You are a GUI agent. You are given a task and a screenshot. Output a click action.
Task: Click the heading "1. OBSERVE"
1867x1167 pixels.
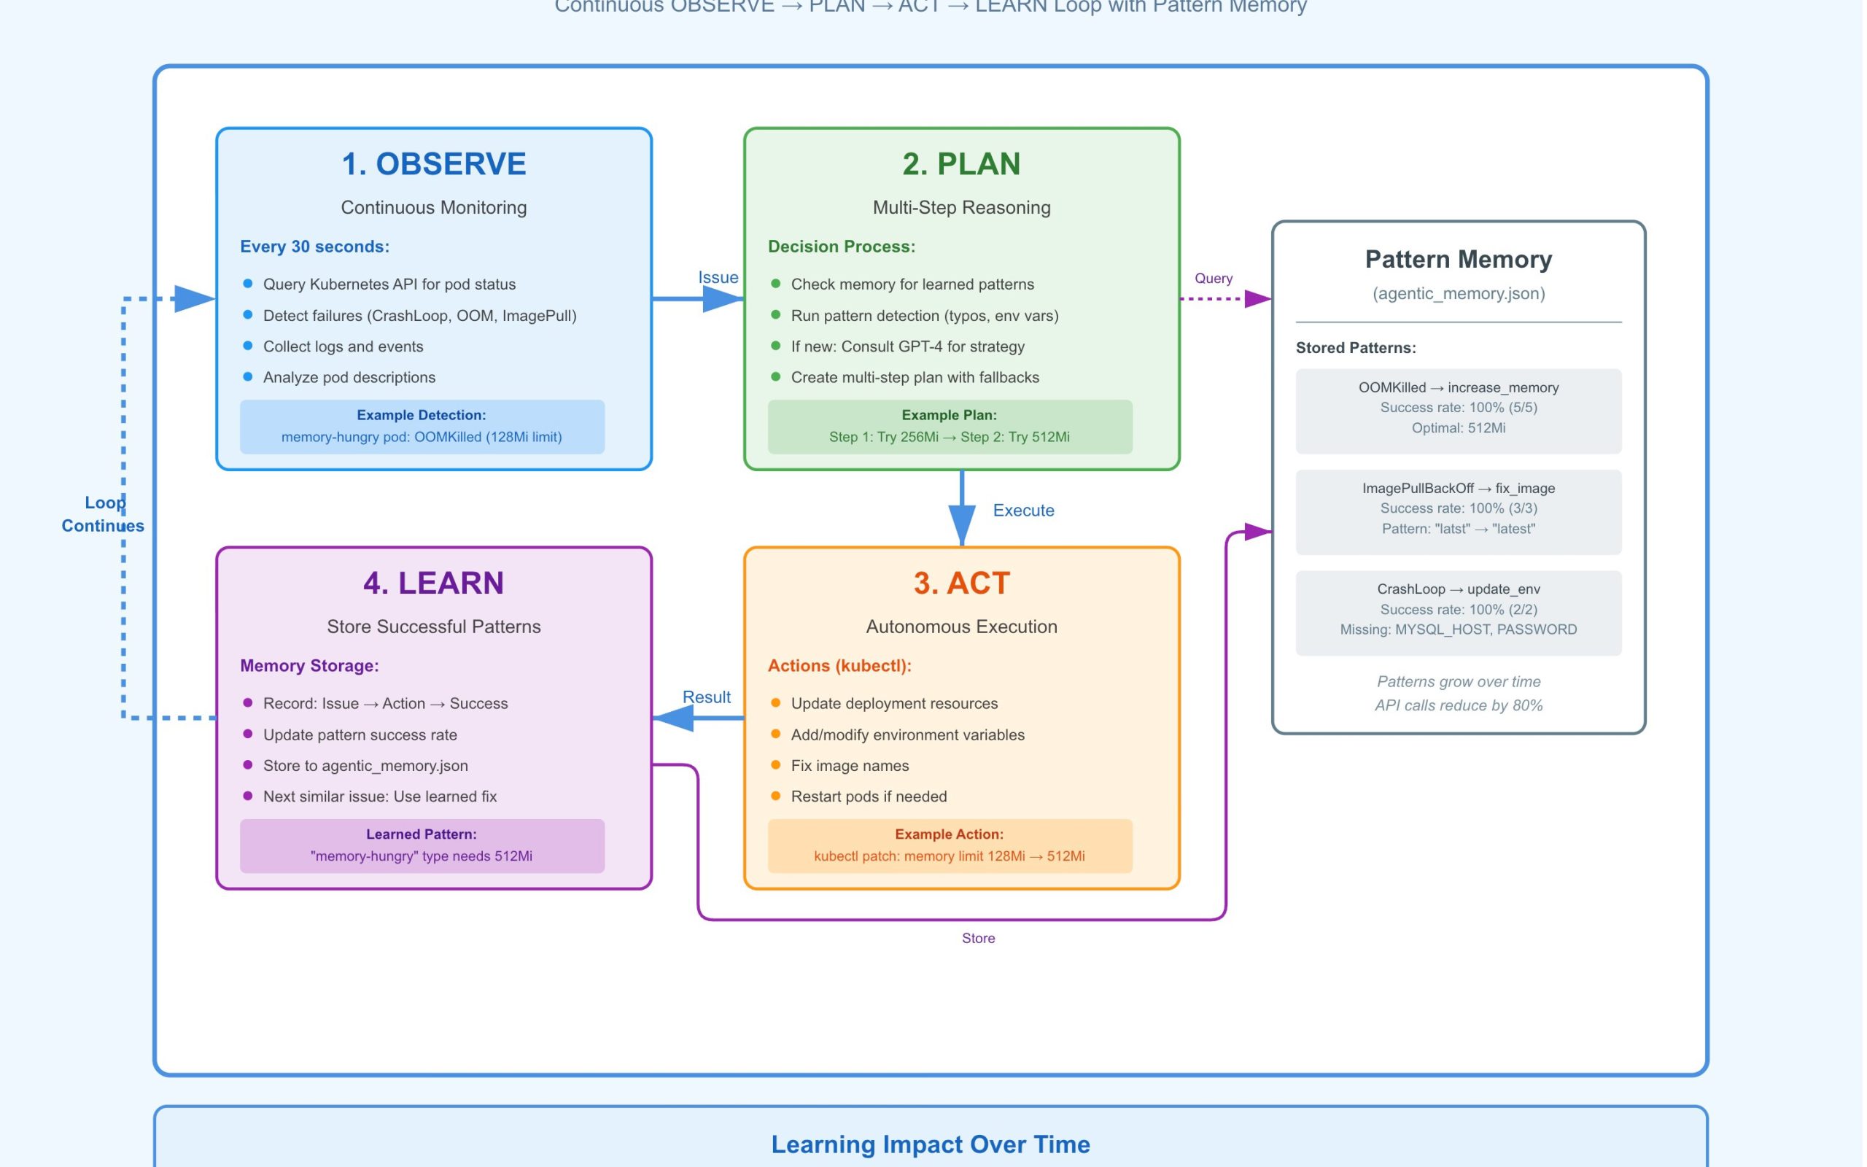434,163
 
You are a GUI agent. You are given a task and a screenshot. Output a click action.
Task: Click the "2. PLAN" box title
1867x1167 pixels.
961,163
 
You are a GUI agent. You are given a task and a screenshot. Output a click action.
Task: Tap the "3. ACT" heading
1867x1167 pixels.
961,583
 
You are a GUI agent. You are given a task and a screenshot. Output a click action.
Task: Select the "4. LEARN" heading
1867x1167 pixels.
434,583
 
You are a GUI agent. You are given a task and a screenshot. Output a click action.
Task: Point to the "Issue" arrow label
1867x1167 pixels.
718,277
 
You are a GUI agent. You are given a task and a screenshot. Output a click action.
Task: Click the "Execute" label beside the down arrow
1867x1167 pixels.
1023,510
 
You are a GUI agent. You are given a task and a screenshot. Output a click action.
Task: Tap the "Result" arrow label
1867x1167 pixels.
706,697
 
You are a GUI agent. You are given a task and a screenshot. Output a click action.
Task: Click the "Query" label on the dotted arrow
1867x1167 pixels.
1213,278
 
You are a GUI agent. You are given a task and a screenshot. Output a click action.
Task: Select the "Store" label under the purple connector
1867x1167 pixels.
978,938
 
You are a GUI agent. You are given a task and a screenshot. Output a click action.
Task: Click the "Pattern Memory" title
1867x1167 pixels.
1458,260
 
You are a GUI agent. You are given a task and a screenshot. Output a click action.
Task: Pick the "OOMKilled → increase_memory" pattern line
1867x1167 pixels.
1458,387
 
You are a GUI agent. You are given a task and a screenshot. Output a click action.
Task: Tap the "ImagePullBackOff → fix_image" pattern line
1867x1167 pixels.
1458,488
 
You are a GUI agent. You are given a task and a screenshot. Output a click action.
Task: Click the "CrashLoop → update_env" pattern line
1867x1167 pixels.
1458,589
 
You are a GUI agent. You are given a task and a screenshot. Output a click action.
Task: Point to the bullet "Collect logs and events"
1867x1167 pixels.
343,346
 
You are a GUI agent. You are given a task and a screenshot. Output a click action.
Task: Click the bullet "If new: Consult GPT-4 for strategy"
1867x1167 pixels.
907,346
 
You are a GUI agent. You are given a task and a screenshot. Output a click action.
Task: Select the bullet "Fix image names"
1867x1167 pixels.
850,766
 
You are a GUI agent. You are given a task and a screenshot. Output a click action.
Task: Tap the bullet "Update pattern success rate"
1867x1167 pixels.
360,734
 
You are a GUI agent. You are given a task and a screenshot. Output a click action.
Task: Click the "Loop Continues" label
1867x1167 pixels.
104,514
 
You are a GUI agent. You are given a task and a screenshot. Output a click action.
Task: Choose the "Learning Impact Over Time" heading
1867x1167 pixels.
931,1144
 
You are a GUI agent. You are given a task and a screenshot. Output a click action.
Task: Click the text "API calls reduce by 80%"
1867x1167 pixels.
1458,705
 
